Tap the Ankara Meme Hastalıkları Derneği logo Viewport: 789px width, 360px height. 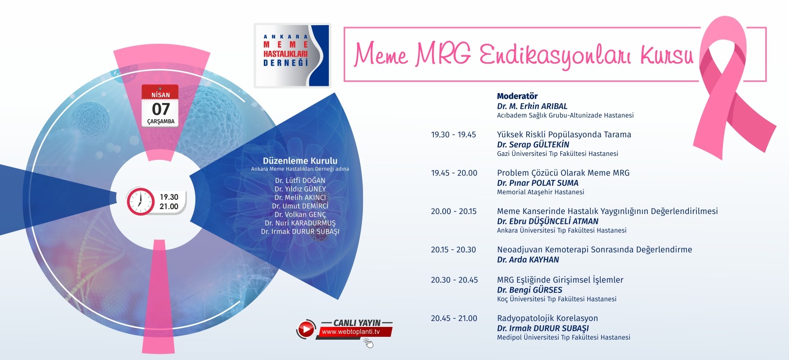(292, 55)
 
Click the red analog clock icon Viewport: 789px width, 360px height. (141, 202)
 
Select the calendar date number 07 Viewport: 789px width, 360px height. (161, 109)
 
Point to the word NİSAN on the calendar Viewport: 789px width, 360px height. (161, 95)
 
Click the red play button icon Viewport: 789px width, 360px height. (306, 329)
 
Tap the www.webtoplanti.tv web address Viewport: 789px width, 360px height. (351, 332)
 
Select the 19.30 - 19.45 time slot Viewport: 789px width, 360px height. (453, 135)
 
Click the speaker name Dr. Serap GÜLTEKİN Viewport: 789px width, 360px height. (533, 144)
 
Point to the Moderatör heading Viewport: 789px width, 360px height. (517, 96)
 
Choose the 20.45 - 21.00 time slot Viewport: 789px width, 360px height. (454, 319)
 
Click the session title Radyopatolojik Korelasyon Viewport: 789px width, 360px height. (547, 319)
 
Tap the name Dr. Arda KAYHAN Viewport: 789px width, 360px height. (528, 259)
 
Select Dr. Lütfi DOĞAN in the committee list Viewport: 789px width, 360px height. (300, 180)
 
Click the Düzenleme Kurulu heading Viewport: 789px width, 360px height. (300, 161)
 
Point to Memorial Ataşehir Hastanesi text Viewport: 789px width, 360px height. (540, 192)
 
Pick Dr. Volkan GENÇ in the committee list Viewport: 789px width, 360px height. (300, 215)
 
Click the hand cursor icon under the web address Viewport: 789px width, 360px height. (368, 343)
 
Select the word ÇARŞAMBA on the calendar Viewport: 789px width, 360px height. (161, 121)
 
